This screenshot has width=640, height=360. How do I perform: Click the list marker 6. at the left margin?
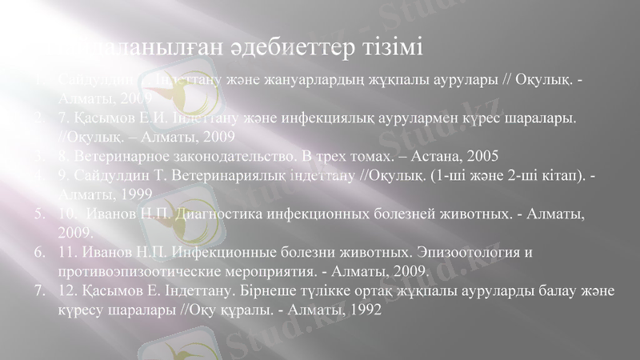[x=39, y=254]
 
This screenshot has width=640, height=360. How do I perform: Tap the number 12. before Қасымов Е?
[x=68, y=292]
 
